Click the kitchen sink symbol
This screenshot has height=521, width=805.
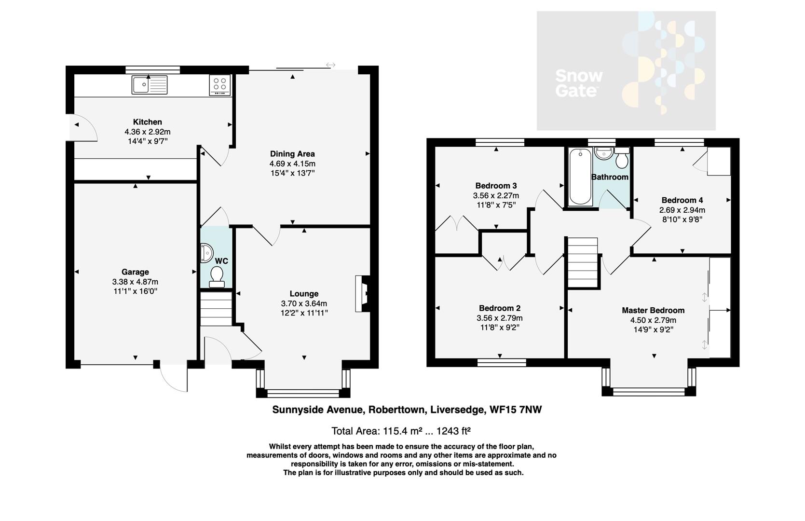pos(149,85)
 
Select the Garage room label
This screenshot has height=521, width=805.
pos(135,272)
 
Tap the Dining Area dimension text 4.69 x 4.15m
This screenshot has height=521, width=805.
pos(292,164)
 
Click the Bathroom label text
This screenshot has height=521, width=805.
pos(610,177)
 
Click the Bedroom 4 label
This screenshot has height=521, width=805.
pos(682,200)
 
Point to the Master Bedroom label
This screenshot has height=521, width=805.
pos(653,310)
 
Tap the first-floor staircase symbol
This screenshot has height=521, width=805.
pos(583,263)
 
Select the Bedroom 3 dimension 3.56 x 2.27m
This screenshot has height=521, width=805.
pos(496,195)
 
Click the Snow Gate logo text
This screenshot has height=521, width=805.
pos(579,83)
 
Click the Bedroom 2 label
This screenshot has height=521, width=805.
pos(500,308)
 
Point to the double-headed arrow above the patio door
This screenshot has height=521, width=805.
pos(331,65)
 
